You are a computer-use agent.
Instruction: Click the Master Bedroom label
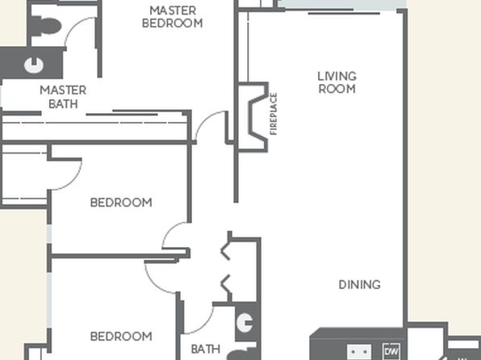(173, 17)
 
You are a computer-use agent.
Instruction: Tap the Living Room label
(337, 82)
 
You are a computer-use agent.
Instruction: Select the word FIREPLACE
(274, 114)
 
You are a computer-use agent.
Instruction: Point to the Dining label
(359, 285)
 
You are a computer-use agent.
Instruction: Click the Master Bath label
(63, 97)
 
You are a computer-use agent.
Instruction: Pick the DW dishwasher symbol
(392, 351)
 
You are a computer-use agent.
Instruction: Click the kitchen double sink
(359, 352)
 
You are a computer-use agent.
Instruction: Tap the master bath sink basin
(34, 65)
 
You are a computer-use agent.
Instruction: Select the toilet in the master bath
(46, 27)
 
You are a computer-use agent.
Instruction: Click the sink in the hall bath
(245, 322)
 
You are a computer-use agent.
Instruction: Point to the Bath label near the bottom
(206, 349)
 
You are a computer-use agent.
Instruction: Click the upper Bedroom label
(121, 203)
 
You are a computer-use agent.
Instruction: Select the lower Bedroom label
(121, 337)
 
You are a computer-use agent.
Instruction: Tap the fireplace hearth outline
(257, 116)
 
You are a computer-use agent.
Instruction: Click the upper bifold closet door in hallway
(225, 250)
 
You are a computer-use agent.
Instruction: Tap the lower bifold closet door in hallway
(225, 284)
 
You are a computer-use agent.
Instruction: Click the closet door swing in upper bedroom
(73, 181)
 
